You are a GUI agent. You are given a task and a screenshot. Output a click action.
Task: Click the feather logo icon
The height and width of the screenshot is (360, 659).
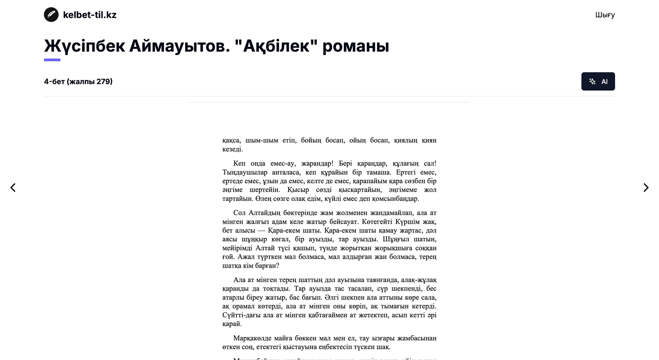pyautogui.click(x=51, y=15)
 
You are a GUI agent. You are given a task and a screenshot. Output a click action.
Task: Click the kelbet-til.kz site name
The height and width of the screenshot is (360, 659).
pyautogui.click(x=90, y=15)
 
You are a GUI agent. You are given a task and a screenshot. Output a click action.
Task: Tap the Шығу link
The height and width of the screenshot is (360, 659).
pyautogui.click(x=605, y=15)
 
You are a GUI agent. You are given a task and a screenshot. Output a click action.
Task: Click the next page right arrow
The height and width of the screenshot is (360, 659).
pyautogui.click(x=646, y=188)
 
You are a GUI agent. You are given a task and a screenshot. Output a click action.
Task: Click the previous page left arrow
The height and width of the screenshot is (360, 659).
pyautogui.click(x=13, y=188)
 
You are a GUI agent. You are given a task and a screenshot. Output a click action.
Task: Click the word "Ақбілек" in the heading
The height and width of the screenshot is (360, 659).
pyautogui.click(x=276, y=46)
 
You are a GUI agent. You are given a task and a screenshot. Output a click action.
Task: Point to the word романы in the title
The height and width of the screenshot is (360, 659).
pyautogui.click(x=356, y=46)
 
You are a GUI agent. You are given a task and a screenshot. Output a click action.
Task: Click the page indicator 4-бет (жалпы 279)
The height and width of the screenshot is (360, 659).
pyautogui.click(x=78, y=81)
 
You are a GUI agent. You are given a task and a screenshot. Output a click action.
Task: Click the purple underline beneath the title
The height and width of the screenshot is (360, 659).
pyautogui.click(x=52, y=60)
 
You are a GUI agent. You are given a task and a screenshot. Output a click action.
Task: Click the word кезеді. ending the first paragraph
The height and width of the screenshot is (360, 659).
pyautogui.click(x=232, y=149)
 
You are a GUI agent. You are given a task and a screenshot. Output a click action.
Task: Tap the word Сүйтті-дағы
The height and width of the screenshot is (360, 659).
pyautogui.click(x=241, y=315)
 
